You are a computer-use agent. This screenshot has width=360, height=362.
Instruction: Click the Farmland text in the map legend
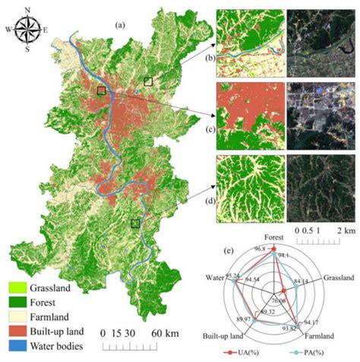pyautogui.click(x=53, y=317)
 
